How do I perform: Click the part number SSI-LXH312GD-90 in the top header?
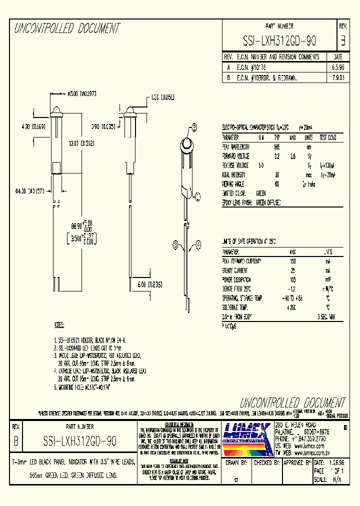(279, 40)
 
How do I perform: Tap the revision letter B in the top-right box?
(342, 40)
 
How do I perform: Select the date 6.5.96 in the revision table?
(337, 67)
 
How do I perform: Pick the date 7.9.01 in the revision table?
(337, 77)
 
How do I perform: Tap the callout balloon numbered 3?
(175, 244)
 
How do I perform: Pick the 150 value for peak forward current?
(292, 261)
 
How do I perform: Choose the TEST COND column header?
(327, 137)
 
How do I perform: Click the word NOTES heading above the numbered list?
(59, 326)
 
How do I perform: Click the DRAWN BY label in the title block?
(237, 463)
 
